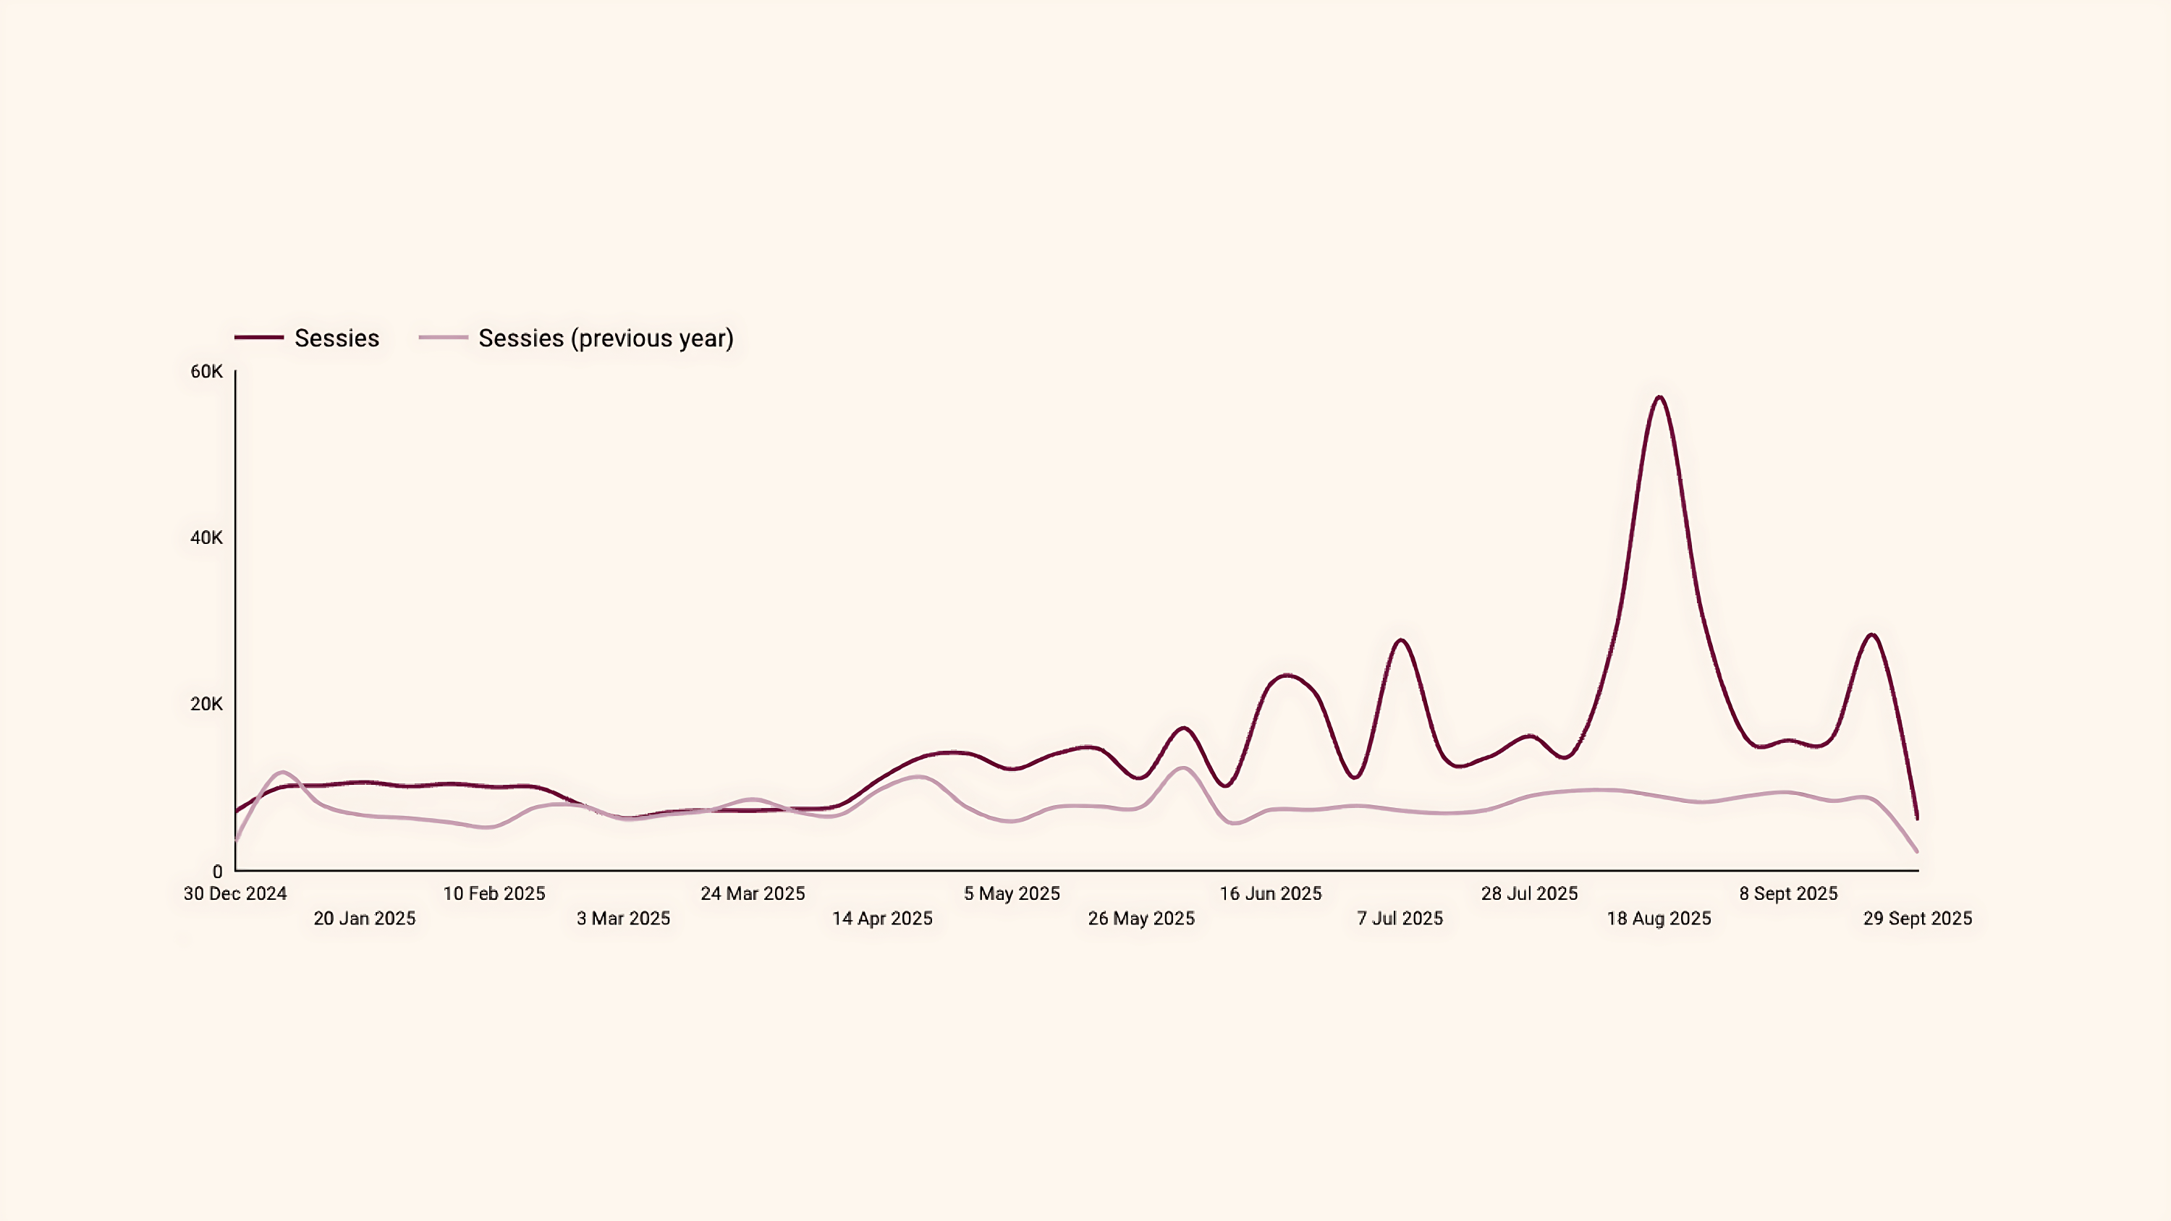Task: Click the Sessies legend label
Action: [337, 338]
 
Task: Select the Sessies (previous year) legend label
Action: [605, 338]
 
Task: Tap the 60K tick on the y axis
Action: [206, 372]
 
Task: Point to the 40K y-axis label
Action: [206, 537]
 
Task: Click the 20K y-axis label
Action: [206, 704]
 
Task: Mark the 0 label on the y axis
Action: [217, 872]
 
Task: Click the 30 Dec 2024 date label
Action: [235, 893]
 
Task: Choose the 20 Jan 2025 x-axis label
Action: [364, 919]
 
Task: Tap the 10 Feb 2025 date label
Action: [494, 893]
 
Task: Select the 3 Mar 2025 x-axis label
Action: [623, 919]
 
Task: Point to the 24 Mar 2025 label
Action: [753, 893]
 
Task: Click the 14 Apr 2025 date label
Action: [881, 919]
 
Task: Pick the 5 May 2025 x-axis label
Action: [1012, 893]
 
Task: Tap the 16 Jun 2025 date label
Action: [1270, 893]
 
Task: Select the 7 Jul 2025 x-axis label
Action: [1399, 919]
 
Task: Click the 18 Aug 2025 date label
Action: [1659, 919]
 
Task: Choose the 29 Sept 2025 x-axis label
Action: [1917, 919]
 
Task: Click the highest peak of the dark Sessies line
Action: [1659, 397]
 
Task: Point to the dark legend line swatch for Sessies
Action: [259, 338]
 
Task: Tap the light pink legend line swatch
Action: [444, 338]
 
